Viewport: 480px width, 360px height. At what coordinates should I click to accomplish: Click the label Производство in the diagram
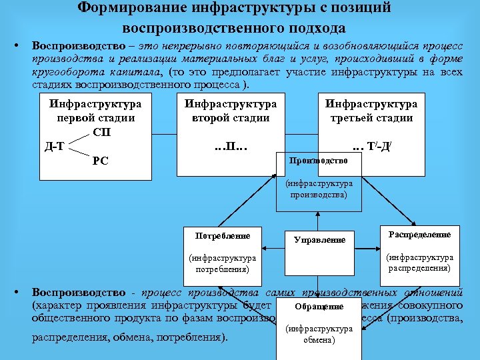click(319, 161)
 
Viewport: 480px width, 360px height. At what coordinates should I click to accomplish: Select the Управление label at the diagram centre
click(320, 239)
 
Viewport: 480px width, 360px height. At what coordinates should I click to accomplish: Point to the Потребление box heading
click(223, 236)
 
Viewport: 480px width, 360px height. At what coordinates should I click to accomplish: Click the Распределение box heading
click(420, 235)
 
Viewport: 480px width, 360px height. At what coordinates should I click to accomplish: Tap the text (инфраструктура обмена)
click(319, 335)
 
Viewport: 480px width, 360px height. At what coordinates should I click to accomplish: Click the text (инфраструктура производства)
click(319, 189)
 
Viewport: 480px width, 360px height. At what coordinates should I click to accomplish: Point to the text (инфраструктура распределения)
click(420, 263)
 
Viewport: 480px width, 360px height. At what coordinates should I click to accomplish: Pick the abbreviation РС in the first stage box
click(101, 160)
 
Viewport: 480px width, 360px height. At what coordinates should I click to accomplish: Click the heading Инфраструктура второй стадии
click(231, 111)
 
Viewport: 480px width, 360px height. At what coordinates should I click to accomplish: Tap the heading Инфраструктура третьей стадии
click(371, 111)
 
